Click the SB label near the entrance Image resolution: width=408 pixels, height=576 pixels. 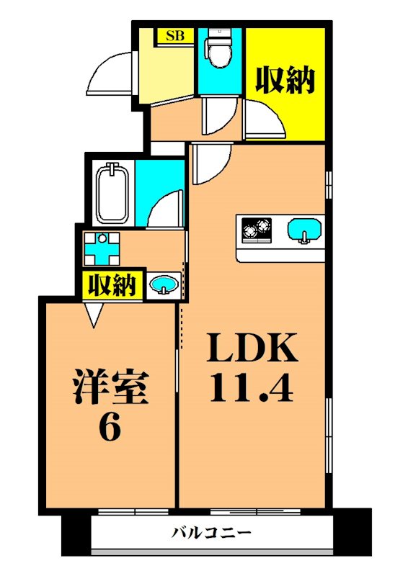(x=174, y=36)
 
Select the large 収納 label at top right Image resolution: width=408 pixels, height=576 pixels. (x=285, y=80)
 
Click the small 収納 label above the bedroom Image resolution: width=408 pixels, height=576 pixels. (x=112, y=284)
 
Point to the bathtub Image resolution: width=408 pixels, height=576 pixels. (x=112, y=193)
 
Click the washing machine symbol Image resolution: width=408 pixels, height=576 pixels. (x=102, y=248)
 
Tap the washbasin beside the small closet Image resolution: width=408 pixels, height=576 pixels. (x=164, y=285)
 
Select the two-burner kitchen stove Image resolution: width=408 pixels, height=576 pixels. (x=257, y=230)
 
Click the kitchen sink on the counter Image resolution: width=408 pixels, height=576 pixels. (x=304, y=230)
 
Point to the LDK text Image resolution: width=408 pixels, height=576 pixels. (x=252, y=347)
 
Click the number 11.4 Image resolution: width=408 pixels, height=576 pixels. (x=252, y=387)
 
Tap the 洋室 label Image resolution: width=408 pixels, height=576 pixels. (x=112, y=387)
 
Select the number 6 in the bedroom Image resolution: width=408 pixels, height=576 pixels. (x=110, y=428)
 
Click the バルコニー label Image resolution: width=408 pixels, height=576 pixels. (x=211, y=532)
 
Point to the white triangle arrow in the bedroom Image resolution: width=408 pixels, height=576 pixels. (x=94, y=315)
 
